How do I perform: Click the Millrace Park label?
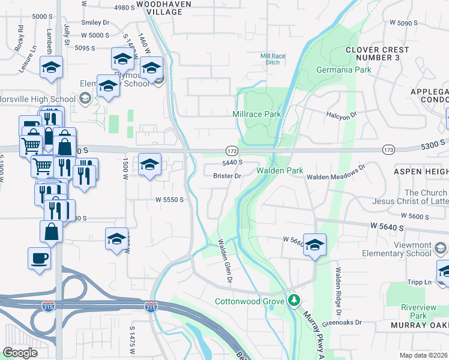[256, 113]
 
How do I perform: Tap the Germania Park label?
[343, 70]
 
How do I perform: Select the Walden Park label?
[280, 171]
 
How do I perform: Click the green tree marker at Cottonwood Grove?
[294, 301]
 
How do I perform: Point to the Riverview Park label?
[411, 310]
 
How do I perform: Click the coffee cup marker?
[40, 259]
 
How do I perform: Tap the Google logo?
[20, 353]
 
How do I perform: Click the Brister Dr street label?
[227, 176]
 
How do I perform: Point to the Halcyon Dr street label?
[342, 113]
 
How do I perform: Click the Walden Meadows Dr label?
[336, 173]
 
